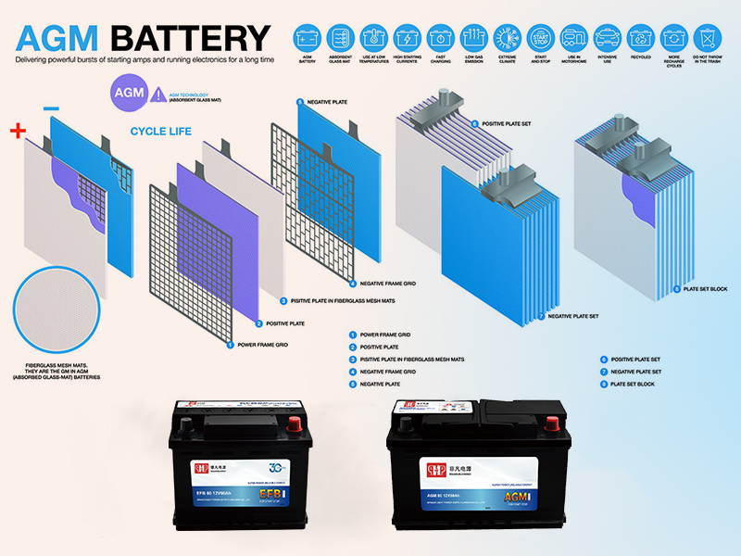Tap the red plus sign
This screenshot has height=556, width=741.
17,131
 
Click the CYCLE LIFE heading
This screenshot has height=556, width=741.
160,132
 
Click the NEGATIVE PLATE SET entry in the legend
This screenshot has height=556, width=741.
634,371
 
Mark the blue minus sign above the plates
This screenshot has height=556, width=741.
51,108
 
